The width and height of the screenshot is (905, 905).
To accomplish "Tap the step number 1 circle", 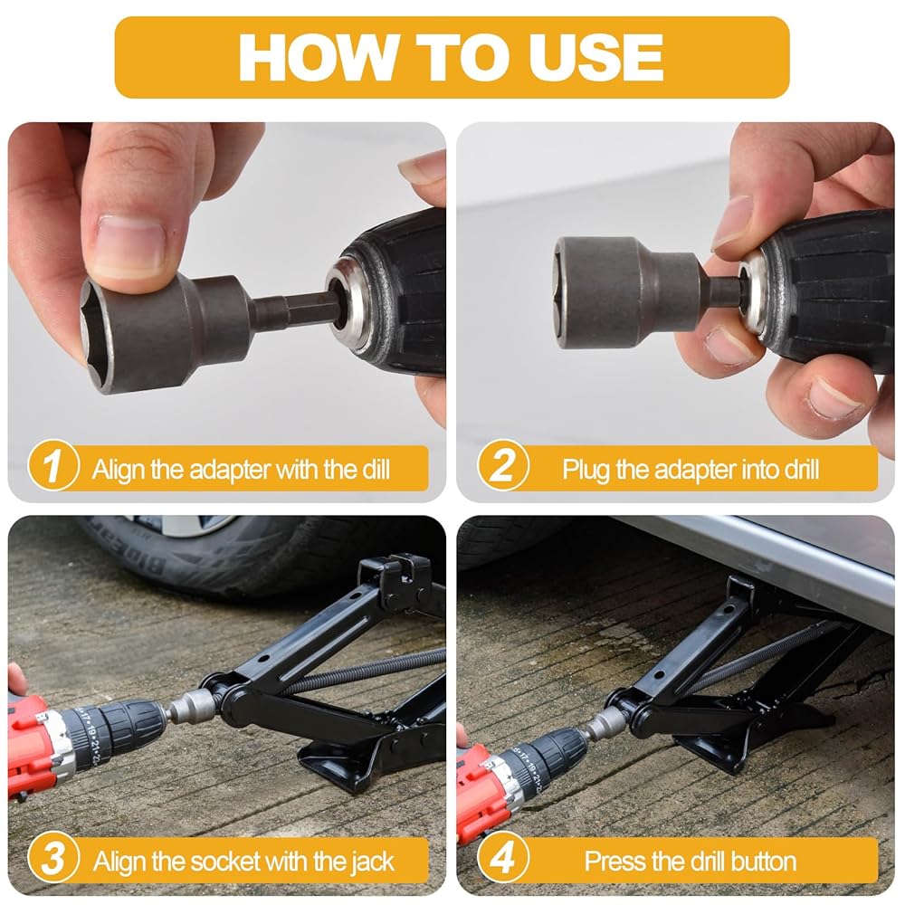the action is (53, 466).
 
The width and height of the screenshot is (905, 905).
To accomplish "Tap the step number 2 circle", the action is (502, 466).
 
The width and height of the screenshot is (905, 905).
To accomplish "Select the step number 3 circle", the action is (53, 858).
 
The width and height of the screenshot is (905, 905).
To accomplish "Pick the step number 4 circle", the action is (502, 858).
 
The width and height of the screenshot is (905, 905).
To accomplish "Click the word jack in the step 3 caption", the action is (369, 862).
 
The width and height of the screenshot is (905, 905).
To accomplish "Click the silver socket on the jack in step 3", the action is (195, 707).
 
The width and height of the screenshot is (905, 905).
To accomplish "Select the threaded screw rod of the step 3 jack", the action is (369, 670).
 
